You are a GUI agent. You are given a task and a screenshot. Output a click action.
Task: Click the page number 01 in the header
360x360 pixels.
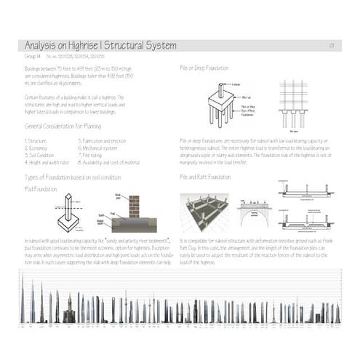[x=331, y=46]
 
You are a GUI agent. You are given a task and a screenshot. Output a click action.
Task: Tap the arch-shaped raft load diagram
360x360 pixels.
[x=253, y=211]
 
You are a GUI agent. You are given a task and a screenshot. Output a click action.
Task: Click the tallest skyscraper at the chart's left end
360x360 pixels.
[x=23, y=298]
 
